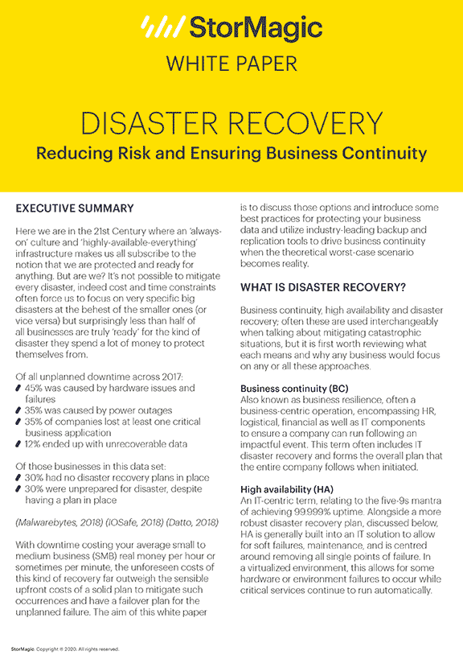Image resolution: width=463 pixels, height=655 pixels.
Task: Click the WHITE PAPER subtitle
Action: pyautogui.click(x=231, y=63)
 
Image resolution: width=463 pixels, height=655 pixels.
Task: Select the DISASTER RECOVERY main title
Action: pyautogui.click(x=231, y=123)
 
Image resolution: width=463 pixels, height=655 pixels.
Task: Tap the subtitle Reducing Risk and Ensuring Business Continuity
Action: pyautogui.click(x=231, y=153)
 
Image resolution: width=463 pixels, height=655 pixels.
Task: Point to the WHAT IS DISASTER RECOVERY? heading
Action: pyautogui.click(x=323, y=286)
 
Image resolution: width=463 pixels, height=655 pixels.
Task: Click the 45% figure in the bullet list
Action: pyautogui.click(x=36, y=388)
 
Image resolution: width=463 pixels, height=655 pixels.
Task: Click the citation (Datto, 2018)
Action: pyautogui.click(x=191, y=521)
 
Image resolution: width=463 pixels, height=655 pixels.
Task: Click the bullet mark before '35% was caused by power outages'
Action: pyautogui.click(x=19, y=409)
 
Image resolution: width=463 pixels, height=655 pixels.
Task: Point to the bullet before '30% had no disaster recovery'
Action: pyautogui.click(x=19, y=475)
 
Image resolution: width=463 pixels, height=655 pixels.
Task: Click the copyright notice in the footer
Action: pyautogui.click(x=64, y=648)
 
